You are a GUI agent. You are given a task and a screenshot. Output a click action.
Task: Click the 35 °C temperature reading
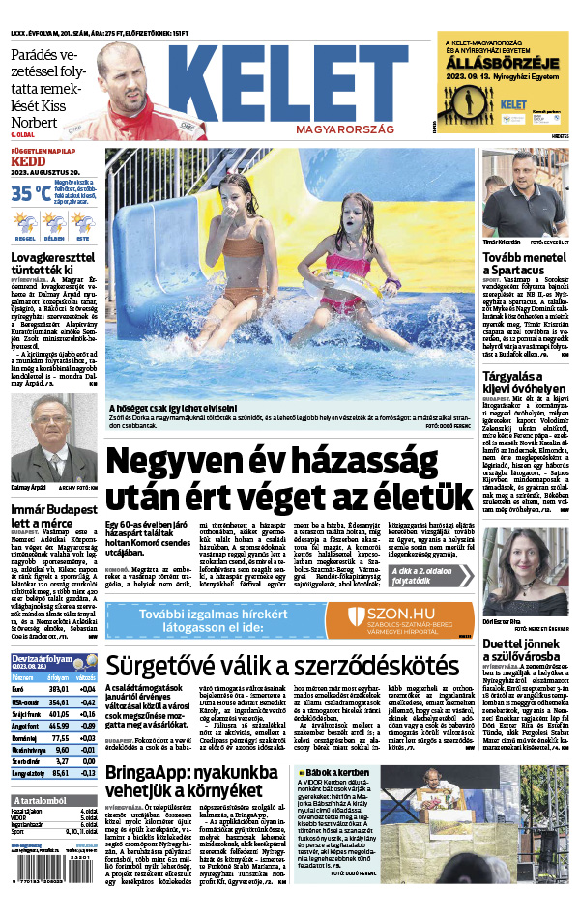coord(30,192)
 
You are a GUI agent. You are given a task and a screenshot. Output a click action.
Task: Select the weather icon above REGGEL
coord(25,221)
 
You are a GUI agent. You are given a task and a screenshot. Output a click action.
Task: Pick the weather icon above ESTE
coord(84,221)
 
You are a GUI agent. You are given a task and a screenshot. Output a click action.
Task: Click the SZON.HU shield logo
coord(357,616)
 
